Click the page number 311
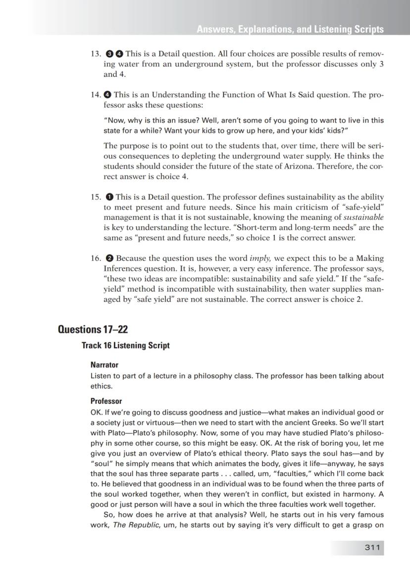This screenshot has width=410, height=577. click(372, 547)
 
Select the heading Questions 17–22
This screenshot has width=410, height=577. click(93, 329)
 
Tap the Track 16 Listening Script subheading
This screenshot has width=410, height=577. click(125, 346)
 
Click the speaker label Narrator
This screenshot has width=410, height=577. click(104, 365)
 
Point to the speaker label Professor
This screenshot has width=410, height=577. click(106, 401)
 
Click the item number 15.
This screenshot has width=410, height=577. click(96, 197)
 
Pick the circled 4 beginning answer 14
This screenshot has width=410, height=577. click(107, 95)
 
